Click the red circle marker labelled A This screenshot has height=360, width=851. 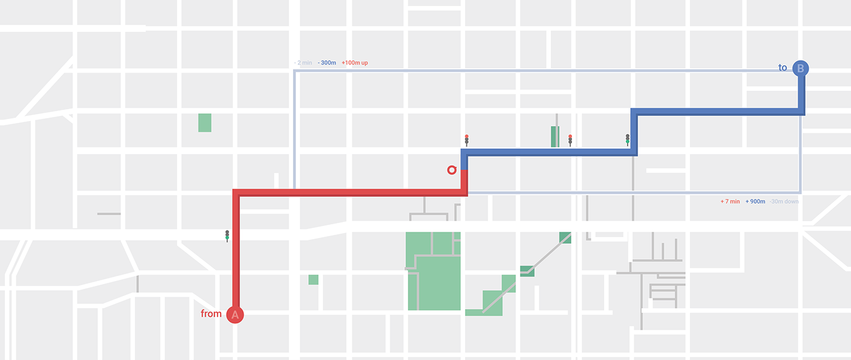(235, 314)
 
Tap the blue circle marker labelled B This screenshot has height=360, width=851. (801, 69)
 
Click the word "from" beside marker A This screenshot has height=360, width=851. (211, 314)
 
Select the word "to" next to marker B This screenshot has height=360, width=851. (783, 67)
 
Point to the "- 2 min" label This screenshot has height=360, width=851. (303, 63)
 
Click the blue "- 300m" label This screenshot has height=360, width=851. (326, 63)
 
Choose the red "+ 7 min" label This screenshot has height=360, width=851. (730, 201)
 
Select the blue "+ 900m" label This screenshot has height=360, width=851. (755, 201)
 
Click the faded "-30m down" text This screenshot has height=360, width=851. (784, 201)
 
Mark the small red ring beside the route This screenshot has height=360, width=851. (451, 170)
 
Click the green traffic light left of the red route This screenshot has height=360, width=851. (227, 236)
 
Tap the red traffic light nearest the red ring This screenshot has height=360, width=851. (467, 140)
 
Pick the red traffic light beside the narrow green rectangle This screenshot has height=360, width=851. (570, 140)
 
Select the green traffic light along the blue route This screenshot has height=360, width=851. (628, 140)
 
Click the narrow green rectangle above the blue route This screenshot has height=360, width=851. (554, 137)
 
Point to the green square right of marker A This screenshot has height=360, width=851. (313, 280)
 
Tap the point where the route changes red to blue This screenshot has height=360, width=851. (464, 170)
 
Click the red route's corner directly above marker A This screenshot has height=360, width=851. (236, 193)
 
